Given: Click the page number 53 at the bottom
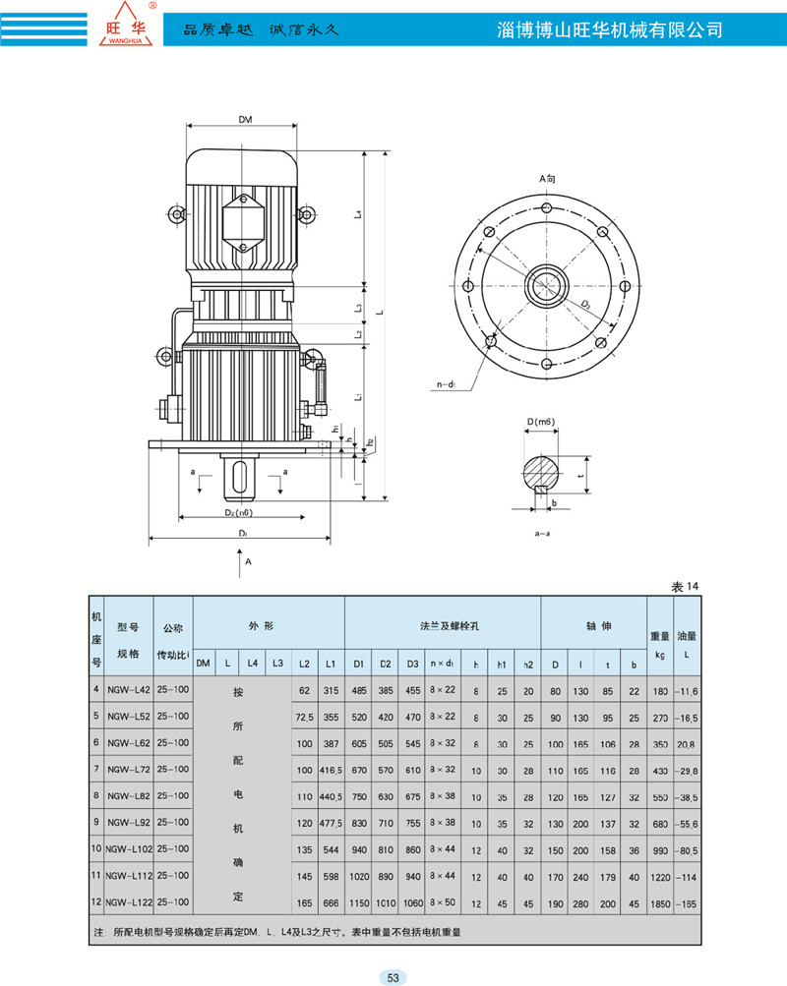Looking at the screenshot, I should pyautogui.click(x=393, y=976).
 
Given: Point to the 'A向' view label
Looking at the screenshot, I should pyautogui.click(x=547, y=179).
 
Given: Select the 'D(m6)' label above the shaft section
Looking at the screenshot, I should pyautogui.click(x=540, y=422).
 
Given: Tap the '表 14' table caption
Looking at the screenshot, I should pyautogui.click(x=685, y=586).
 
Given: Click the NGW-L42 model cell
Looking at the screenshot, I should pyautogui.click(x=129, y=690).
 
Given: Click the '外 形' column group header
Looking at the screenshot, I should pyautogui.click(x=268, y=624).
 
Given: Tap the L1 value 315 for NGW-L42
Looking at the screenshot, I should pyautogui.click(x=330, y=690).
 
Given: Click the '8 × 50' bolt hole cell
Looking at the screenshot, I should pyautogui.click(x=442, y=900).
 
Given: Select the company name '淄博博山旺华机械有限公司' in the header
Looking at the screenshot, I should pyautogui.click(x=612, y=29).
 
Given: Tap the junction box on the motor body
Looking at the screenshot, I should pyautogui.click(x=241, y=218).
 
